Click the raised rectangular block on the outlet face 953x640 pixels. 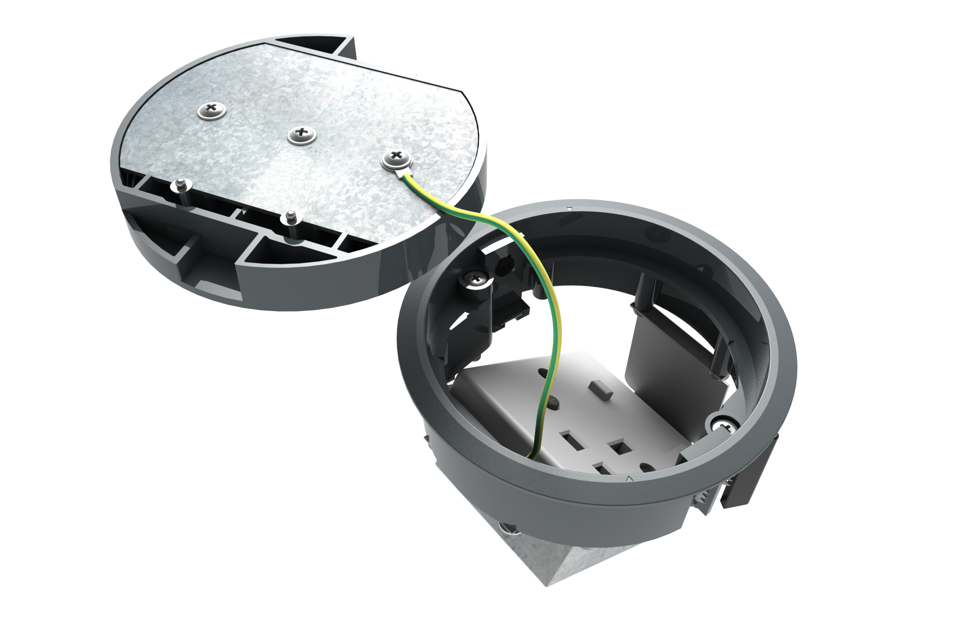tap(601, 390)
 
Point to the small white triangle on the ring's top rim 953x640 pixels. tap(569, 208)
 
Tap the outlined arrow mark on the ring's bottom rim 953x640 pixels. tap(629, 479)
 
